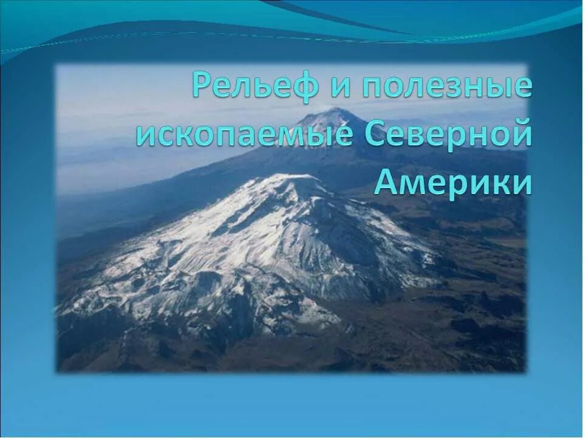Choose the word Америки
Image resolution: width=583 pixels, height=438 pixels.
coord(452,182)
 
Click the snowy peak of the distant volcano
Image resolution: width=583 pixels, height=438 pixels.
coord(331,113)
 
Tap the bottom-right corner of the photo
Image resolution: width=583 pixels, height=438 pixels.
coord(527,372)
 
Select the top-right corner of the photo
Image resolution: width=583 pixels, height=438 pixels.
coord(527,64)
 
